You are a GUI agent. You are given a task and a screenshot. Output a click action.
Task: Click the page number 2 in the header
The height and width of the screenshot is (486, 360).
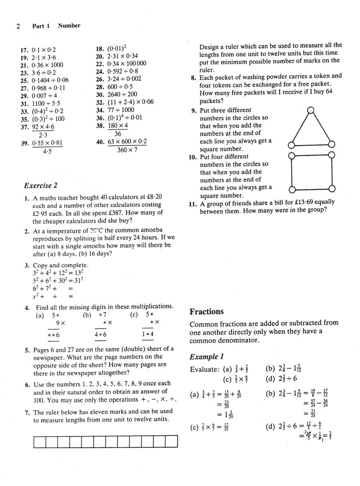tap(18, 26)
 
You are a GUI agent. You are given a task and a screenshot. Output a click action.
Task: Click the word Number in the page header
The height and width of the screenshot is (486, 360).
tap(69, 26)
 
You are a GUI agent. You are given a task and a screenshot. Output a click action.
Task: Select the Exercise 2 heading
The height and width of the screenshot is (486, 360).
tap(41, 186)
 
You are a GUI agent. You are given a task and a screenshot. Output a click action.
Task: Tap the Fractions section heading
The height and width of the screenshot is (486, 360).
tap(207, 312)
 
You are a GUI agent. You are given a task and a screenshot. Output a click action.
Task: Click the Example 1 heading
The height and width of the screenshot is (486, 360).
tap(207, 357)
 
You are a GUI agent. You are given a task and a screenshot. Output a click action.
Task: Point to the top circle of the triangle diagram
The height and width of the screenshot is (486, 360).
tap(311, 110)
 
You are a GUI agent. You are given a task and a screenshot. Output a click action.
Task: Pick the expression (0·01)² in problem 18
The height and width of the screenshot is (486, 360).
tap(117, 48)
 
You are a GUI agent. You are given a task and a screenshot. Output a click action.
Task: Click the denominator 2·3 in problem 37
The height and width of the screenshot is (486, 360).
tap(43, 135)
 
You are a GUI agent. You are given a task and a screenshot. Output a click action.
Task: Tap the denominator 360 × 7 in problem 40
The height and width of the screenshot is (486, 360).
tap(127, 150)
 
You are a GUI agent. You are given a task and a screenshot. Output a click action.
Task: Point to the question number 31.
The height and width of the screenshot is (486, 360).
tap(24, 104)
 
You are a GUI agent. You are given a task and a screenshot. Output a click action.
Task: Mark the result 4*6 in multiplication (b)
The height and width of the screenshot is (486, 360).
tap(100, 335)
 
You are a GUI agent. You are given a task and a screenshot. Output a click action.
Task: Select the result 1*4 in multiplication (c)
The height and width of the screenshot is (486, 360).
tap(148, 334)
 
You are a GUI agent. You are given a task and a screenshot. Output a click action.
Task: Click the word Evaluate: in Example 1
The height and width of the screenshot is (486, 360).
tap(204, 370)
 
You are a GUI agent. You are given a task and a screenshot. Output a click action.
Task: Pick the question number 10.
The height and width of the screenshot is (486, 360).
tap(192, 157)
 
